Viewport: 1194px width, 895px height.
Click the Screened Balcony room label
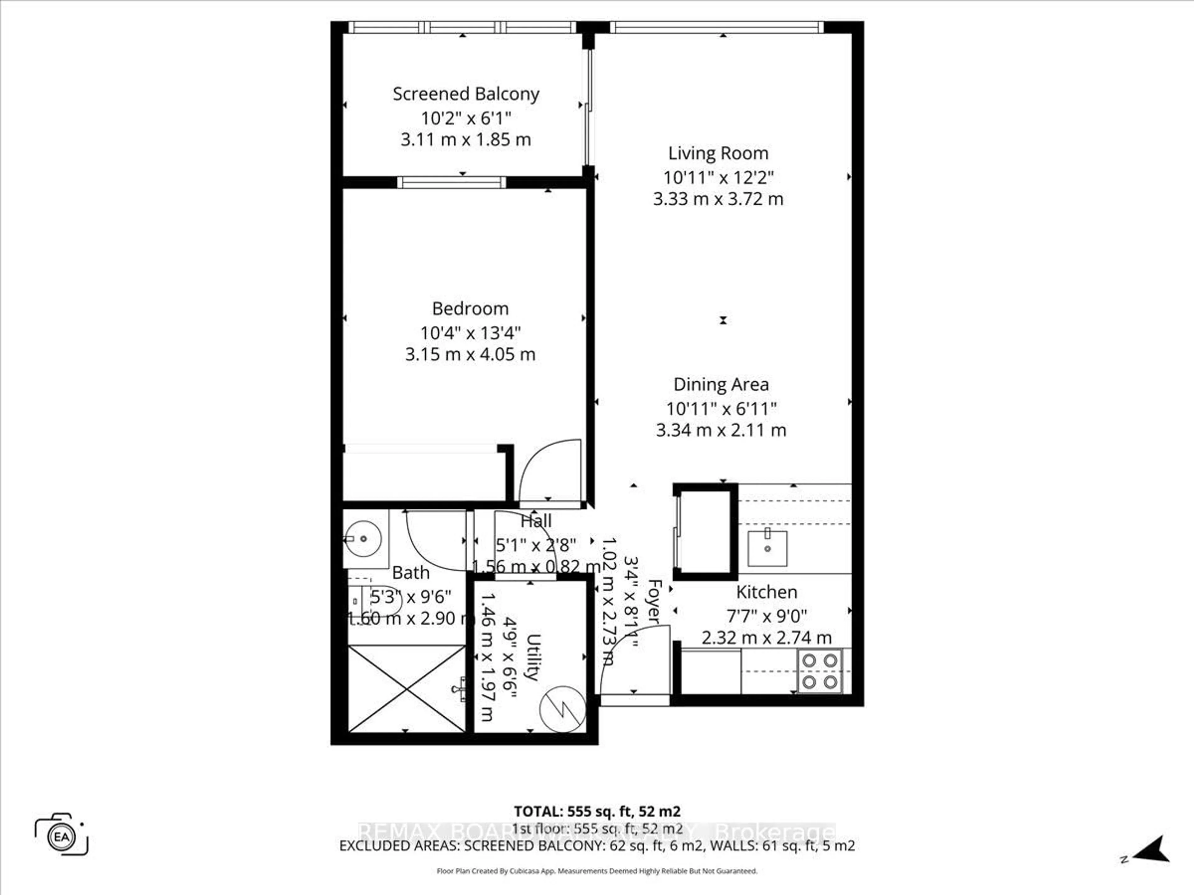coord(466,94)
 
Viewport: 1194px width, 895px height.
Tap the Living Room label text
coord(718,153)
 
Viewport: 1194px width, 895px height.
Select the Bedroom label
coord(470,309)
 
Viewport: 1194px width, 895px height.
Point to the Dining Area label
coord(721,385)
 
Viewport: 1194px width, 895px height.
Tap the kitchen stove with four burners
coord(819,671)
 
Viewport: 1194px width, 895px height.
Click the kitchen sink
coord(767,548)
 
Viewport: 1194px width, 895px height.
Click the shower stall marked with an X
coord(406,689)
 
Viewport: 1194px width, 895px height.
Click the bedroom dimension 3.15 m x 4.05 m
coord(470,355)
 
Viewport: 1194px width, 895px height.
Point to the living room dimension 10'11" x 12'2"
coord(718,177)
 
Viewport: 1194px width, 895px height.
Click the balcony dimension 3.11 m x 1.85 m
coord(466,140)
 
